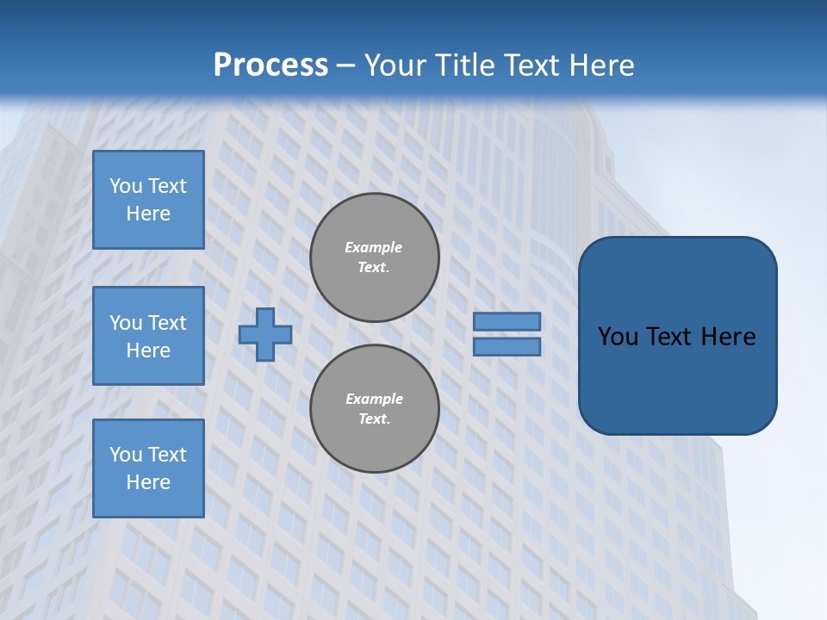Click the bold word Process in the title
(270, 65)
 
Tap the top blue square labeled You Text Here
(148, 200)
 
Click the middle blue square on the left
(148, 336)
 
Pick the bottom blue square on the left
(148, 468)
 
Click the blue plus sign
(265, 334)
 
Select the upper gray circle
(375, 257)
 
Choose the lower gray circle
(375, 409)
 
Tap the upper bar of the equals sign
(507, 321)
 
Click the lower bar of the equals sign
(507, 347)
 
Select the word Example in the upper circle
(374, 247)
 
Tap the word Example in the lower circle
(374, 399)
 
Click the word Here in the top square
(148, 214)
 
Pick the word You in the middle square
(125, 323)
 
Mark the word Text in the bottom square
(166, 455)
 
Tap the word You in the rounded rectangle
(618, 337)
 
